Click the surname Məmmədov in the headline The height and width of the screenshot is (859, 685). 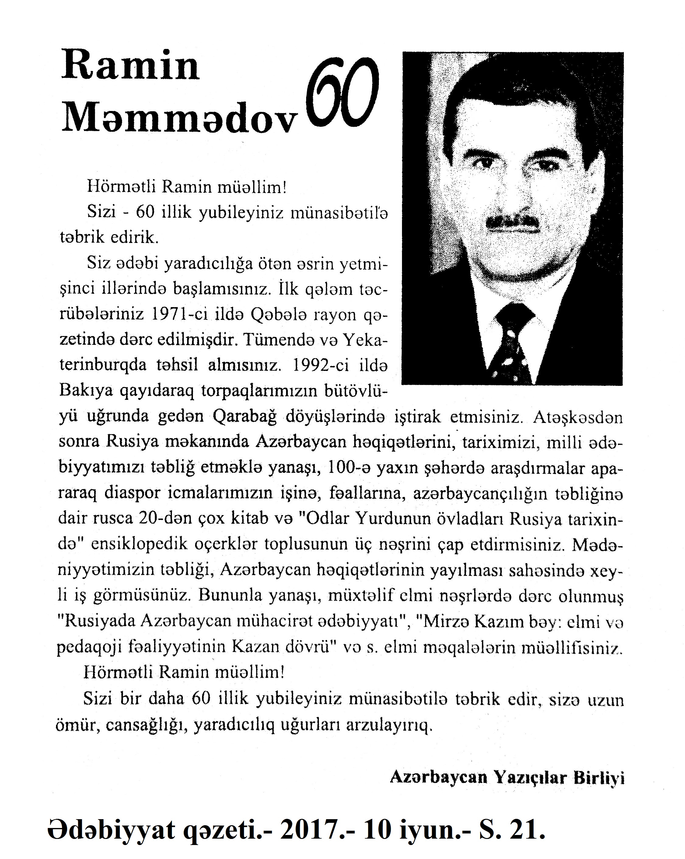180,118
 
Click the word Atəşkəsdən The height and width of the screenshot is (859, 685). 577,417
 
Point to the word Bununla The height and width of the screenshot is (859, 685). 228,595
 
